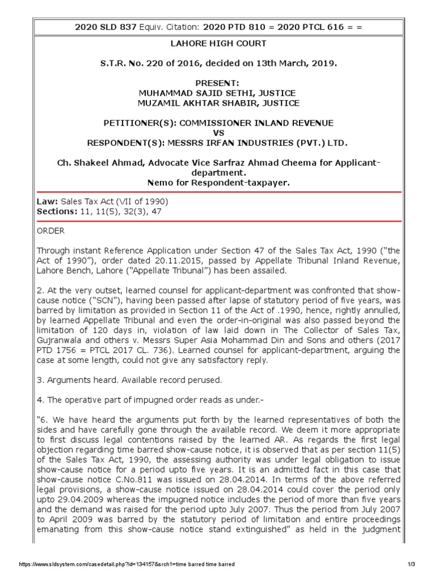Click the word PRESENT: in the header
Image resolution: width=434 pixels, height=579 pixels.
[217, 83]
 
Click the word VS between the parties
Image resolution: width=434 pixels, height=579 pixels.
[217, 132]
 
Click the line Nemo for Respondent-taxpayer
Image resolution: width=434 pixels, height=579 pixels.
[217, 182]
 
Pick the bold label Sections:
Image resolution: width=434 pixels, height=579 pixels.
[57, 211]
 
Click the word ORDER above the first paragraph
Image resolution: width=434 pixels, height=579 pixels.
[51, 231]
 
